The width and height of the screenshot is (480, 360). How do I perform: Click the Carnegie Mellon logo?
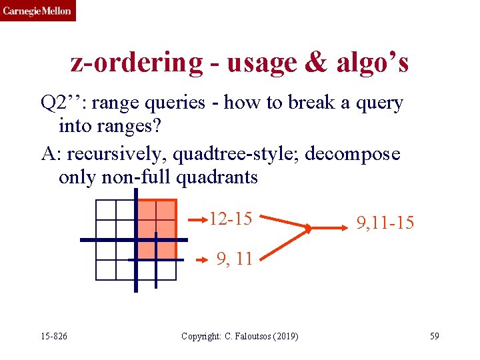pyautogui.click(x=37, y=11)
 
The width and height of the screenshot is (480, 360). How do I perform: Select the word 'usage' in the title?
pyautogui.click(x=259, y=62)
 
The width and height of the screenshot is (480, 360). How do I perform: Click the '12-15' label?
pyautogui.click(x=230, y=219)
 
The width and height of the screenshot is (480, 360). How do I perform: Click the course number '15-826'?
pyautogui.click(x=53, y=336)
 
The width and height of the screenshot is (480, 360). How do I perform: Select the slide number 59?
pyautogui.click(x=434, y=336)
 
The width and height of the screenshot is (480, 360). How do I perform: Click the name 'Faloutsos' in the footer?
pyautogui.click(x=249, y=336)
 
